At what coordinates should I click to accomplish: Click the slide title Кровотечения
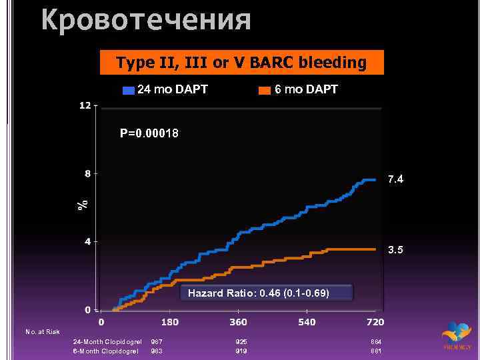tap(146, 19)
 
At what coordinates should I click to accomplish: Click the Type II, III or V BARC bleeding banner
tap(241, 63)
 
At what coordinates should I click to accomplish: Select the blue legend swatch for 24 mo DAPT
tap(128, 90)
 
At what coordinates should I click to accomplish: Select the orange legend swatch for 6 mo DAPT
tap(265, 90)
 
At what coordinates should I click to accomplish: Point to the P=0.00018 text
tap(149, 133)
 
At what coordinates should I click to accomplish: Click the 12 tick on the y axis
tap(85, 106)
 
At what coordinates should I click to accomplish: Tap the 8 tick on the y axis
tap(88, 174)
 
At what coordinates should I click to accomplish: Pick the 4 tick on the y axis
tap(88, 241)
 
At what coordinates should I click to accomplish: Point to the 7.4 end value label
tap(397, 179)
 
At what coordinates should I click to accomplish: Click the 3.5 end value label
tap(397, 250)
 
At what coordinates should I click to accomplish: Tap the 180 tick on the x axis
tap(170, 323)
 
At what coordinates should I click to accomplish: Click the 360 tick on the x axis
tap(239, 323)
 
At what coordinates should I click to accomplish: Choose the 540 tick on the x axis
tap(307, 323)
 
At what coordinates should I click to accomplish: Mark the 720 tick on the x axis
tap(375, 323)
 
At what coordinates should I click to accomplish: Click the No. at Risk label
tap(43, 331)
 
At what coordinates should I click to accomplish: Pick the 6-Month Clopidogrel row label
tap(105, 351)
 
